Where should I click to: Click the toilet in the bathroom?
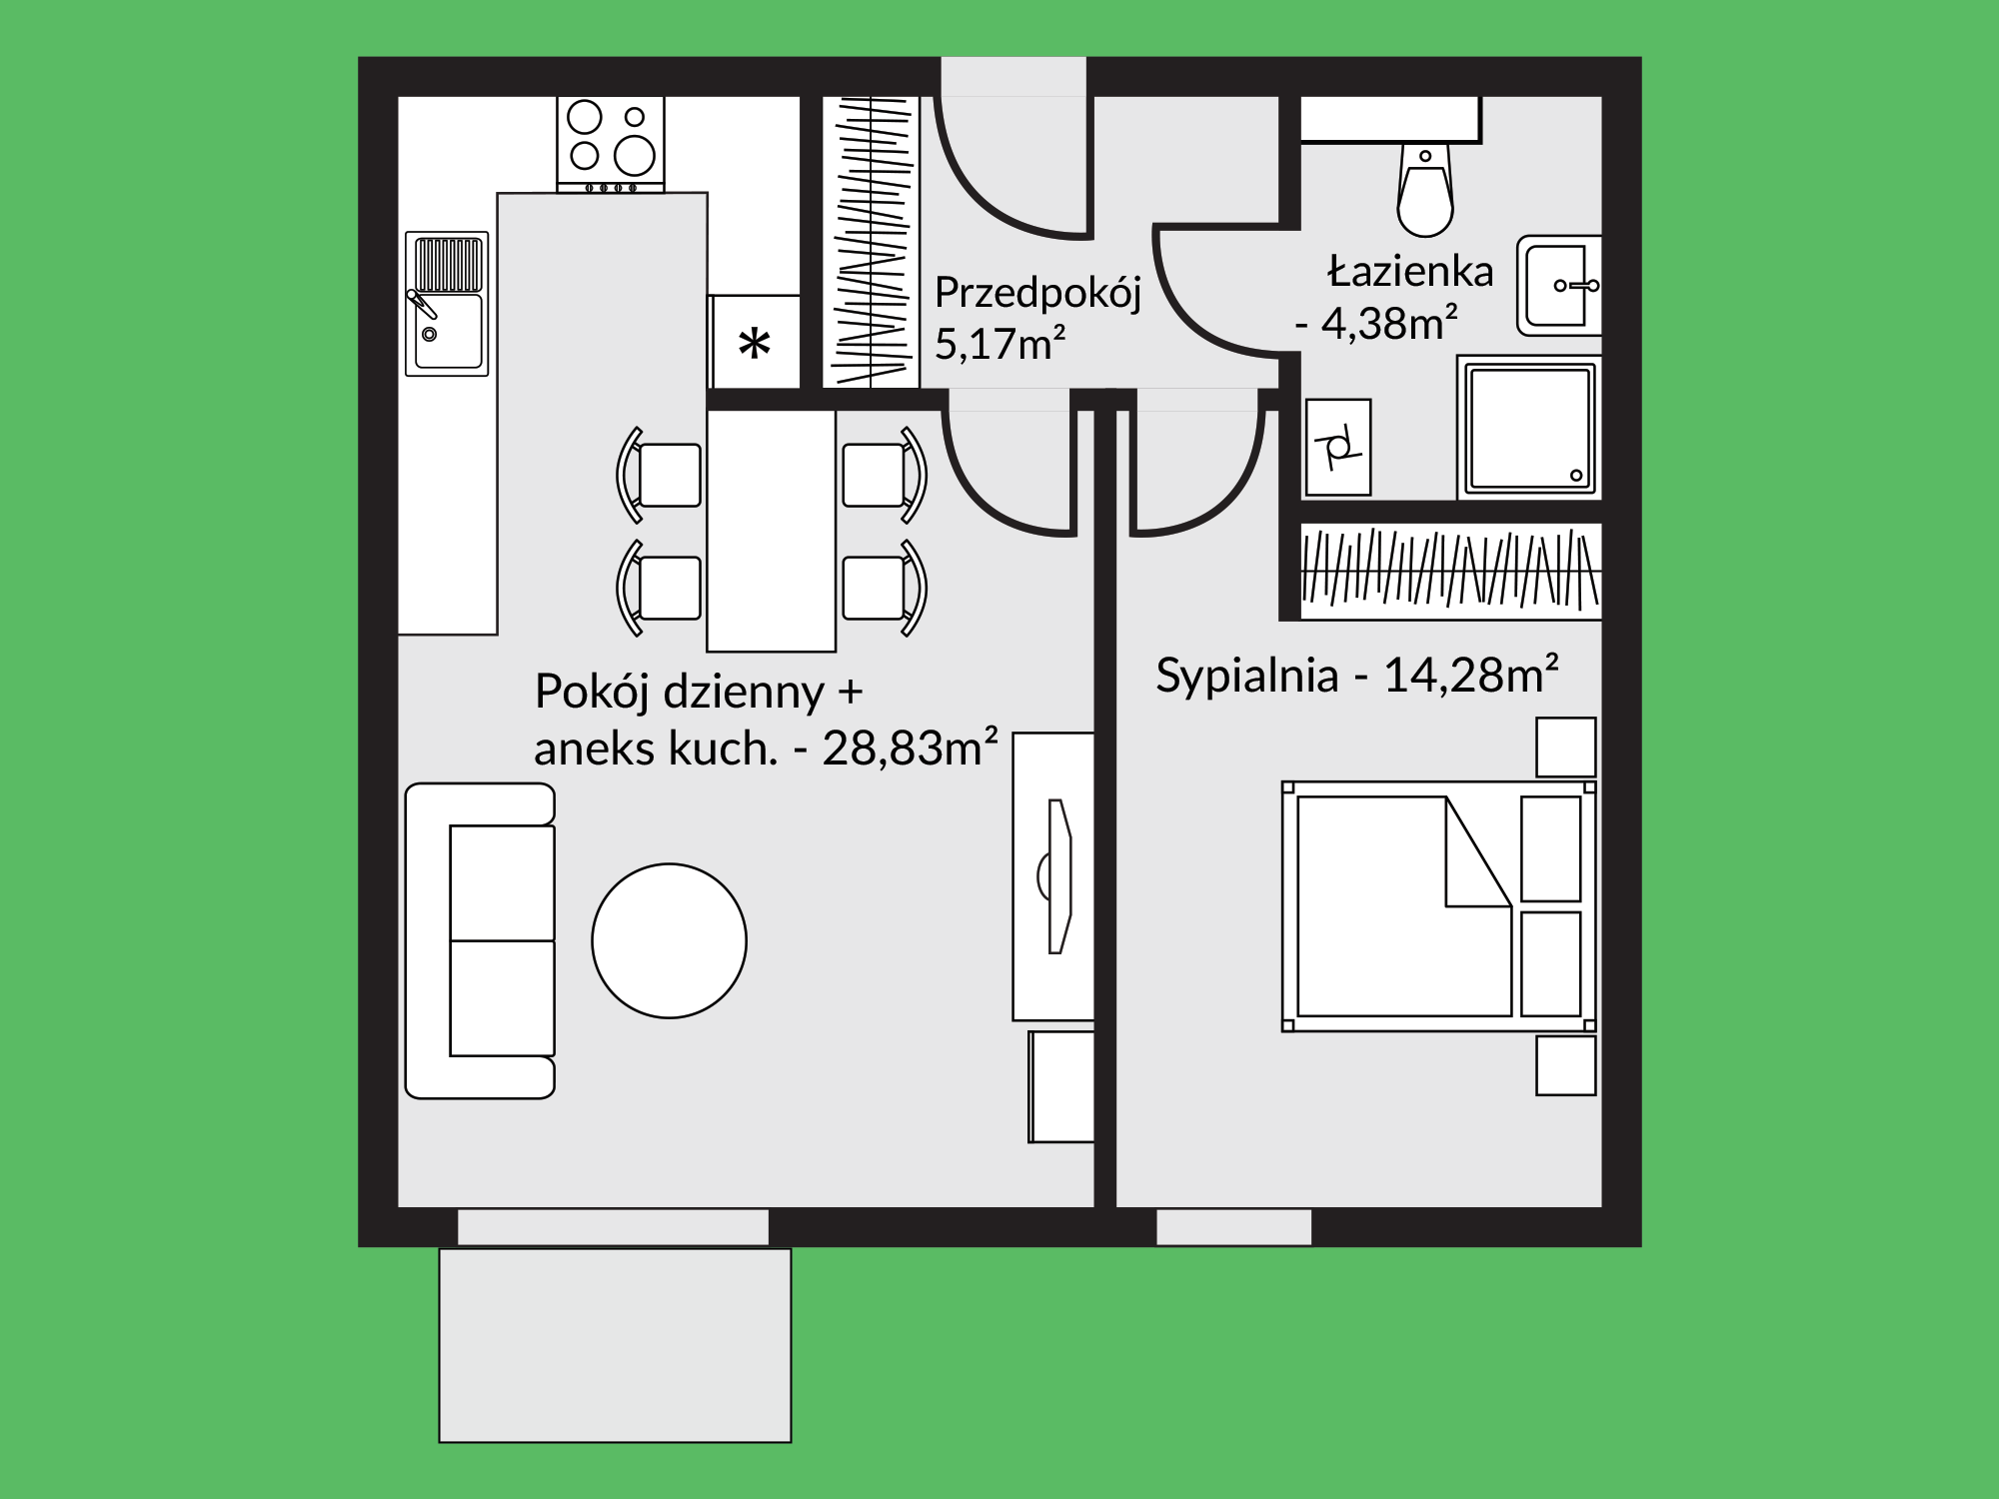coord(1425,190)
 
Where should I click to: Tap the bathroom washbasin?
coord(1558,286)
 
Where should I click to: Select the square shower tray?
coord(1528,427)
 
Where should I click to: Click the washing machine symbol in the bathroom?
coord(1337,447)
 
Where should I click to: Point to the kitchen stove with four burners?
coord(611,144)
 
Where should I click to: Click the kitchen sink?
coord(447,304)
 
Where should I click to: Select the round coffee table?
coord(669,940)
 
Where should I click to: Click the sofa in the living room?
coord(480,940)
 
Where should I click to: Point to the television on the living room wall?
coord(1056,876)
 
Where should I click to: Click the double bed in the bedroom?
coord(1438,906)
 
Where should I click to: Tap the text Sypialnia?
coord(1246,677)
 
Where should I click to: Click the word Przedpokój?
coord(1037,294)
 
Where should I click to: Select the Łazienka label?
coord(1410,271)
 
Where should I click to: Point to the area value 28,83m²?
coord(910,747)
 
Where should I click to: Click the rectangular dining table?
coord(771,531)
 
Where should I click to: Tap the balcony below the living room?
coord(615,1345)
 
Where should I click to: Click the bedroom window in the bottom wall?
coord(1233,1227)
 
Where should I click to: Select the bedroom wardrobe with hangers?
coord(1450,571)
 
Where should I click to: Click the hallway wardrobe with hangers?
coord(871,241)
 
